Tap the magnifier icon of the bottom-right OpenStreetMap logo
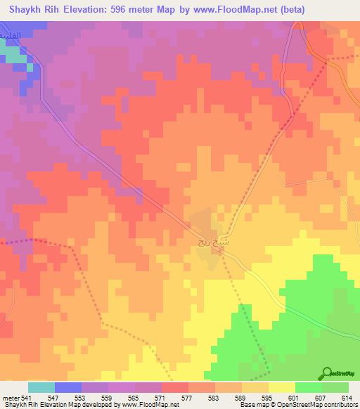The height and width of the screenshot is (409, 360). point(327,373)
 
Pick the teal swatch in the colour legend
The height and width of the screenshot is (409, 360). point(41,387)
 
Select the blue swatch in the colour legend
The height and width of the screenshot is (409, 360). point(67,387)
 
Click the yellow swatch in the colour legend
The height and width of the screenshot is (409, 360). point(281,387)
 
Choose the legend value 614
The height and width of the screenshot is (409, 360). point(347,398)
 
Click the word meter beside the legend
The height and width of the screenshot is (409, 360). point(10,398)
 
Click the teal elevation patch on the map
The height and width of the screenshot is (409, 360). point(11,53)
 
